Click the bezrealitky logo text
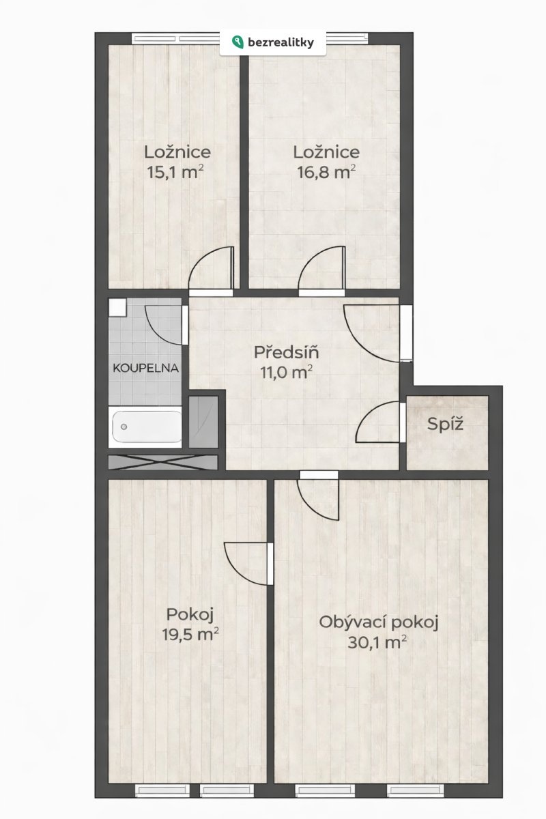pyautogui.click(x=281, y=43)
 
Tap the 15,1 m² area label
pyautogui.click(x=175, y=172)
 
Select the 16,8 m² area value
pyautogui.click(x=326, y=172)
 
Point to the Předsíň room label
pyautogui.click(x=287, y=352)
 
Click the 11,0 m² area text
pyautogui.click(x=287, y=372)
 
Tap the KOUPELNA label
pyautogui.click(x=145, y=368)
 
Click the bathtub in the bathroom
pyautogui.click(x=147, y=427)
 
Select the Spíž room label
pyautogui.click(x=445, y=424)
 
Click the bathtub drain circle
pyautogui.click(x=124, y=427)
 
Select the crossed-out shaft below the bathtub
pyautogui.click(x=163, y=462)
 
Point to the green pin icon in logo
pyautogui.click(x=238, y=42)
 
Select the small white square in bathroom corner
pyautogui.click(x=117, y=308)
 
